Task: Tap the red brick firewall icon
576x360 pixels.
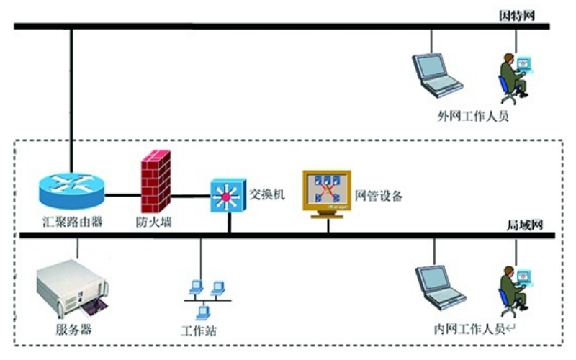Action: (x=156, y=180)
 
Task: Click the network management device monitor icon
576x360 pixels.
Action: (x=326, y=192)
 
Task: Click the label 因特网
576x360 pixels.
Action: (x=518, y=14)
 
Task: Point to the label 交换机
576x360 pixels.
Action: (x=267, y=194)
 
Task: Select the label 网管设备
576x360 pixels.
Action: (x=379, y=195)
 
